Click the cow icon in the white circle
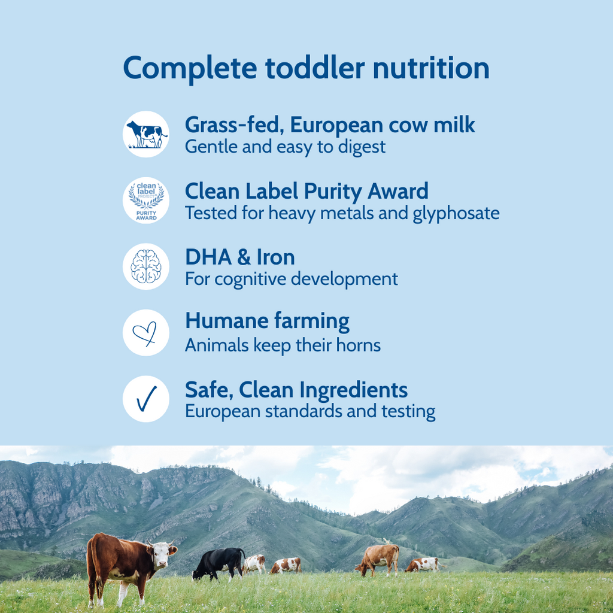pyautogui.click(x=146, y=134)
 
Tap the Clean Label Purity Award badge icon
pyautogui.click(x=146, y=201)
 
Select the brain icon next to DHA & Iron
pyautogui.click(x=146, y=266)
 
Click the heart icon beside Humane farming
pyautogui.click(x=146, y=333)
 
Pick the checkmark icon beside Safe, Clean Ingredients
pyautogui.click(x=146, y=399)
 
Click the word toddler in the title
pyautogui.click(x=315, y=68)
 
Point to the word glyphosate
pyautogui.click(x=456, y=213)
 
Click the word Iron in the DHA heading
pyautogui.click(x=275, y=257)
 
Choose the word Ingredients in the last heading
pyautogui.click(x=354, y=390)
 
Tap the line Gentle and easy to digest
pyautogui.click(x=285, y=147)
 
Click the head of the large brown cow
pyautogui.click(x=162, y=554)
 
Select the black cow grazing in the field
pyautogui.click(x=219, y=562)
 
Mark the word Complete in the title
pyautogui.click(x=190, y=68)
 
